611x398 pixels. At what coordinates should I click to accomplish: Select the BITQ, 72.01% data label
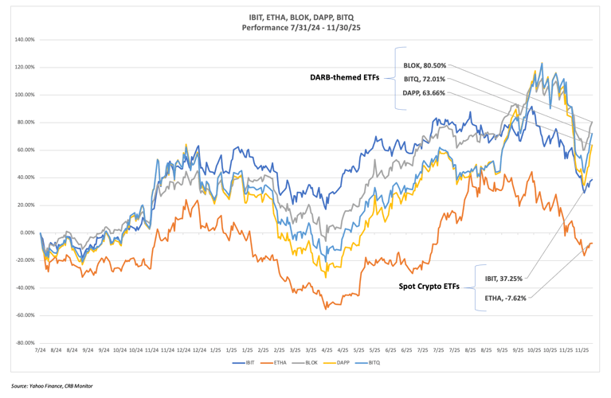tap(425, 79)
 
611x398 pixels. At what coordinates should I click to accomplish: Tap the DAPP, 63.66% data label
tap(425, 92)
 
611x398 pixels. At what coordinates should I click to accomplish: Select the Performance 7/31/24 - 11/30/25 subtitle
tap(305, 26)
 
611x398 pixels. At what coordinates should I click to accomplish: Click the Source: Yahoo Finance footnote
tap(52, 386)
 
